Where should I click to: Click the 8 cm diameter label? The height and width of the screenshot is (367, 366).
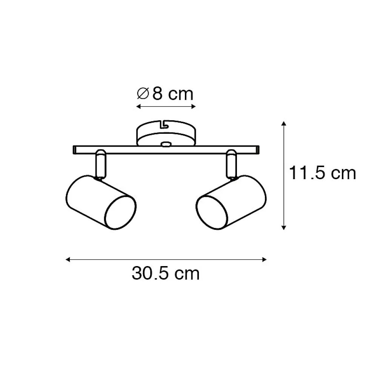tap(165, 94)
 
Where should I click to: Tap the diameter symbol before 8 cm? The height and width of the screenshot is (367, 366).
tap(143, 94)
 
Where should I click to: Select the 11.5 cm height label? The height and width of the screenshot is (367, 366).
tap(322, 173)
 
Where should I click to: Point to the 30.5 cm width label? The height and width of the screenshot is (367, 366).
tap(166, 273)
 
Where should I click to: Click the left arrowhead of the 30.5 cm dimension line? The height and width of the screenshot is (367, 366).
tap(68, 259)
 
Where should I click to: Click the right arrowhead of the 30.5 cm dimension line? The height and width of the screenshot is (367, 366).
tap(265, 259)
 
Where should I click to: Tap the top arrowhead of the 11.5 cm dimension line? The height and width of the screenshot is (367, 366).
tap(284, 124)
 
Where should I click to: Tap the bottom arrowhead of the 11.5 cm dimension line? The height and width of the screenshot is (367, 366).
tap(284, 228)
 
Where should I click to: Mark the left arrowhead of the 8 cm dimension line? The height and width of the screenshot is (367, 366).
tap(138, 107)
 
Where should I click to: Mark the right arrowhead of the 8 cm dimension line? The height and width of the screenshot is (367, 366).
tap(193, 107)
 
